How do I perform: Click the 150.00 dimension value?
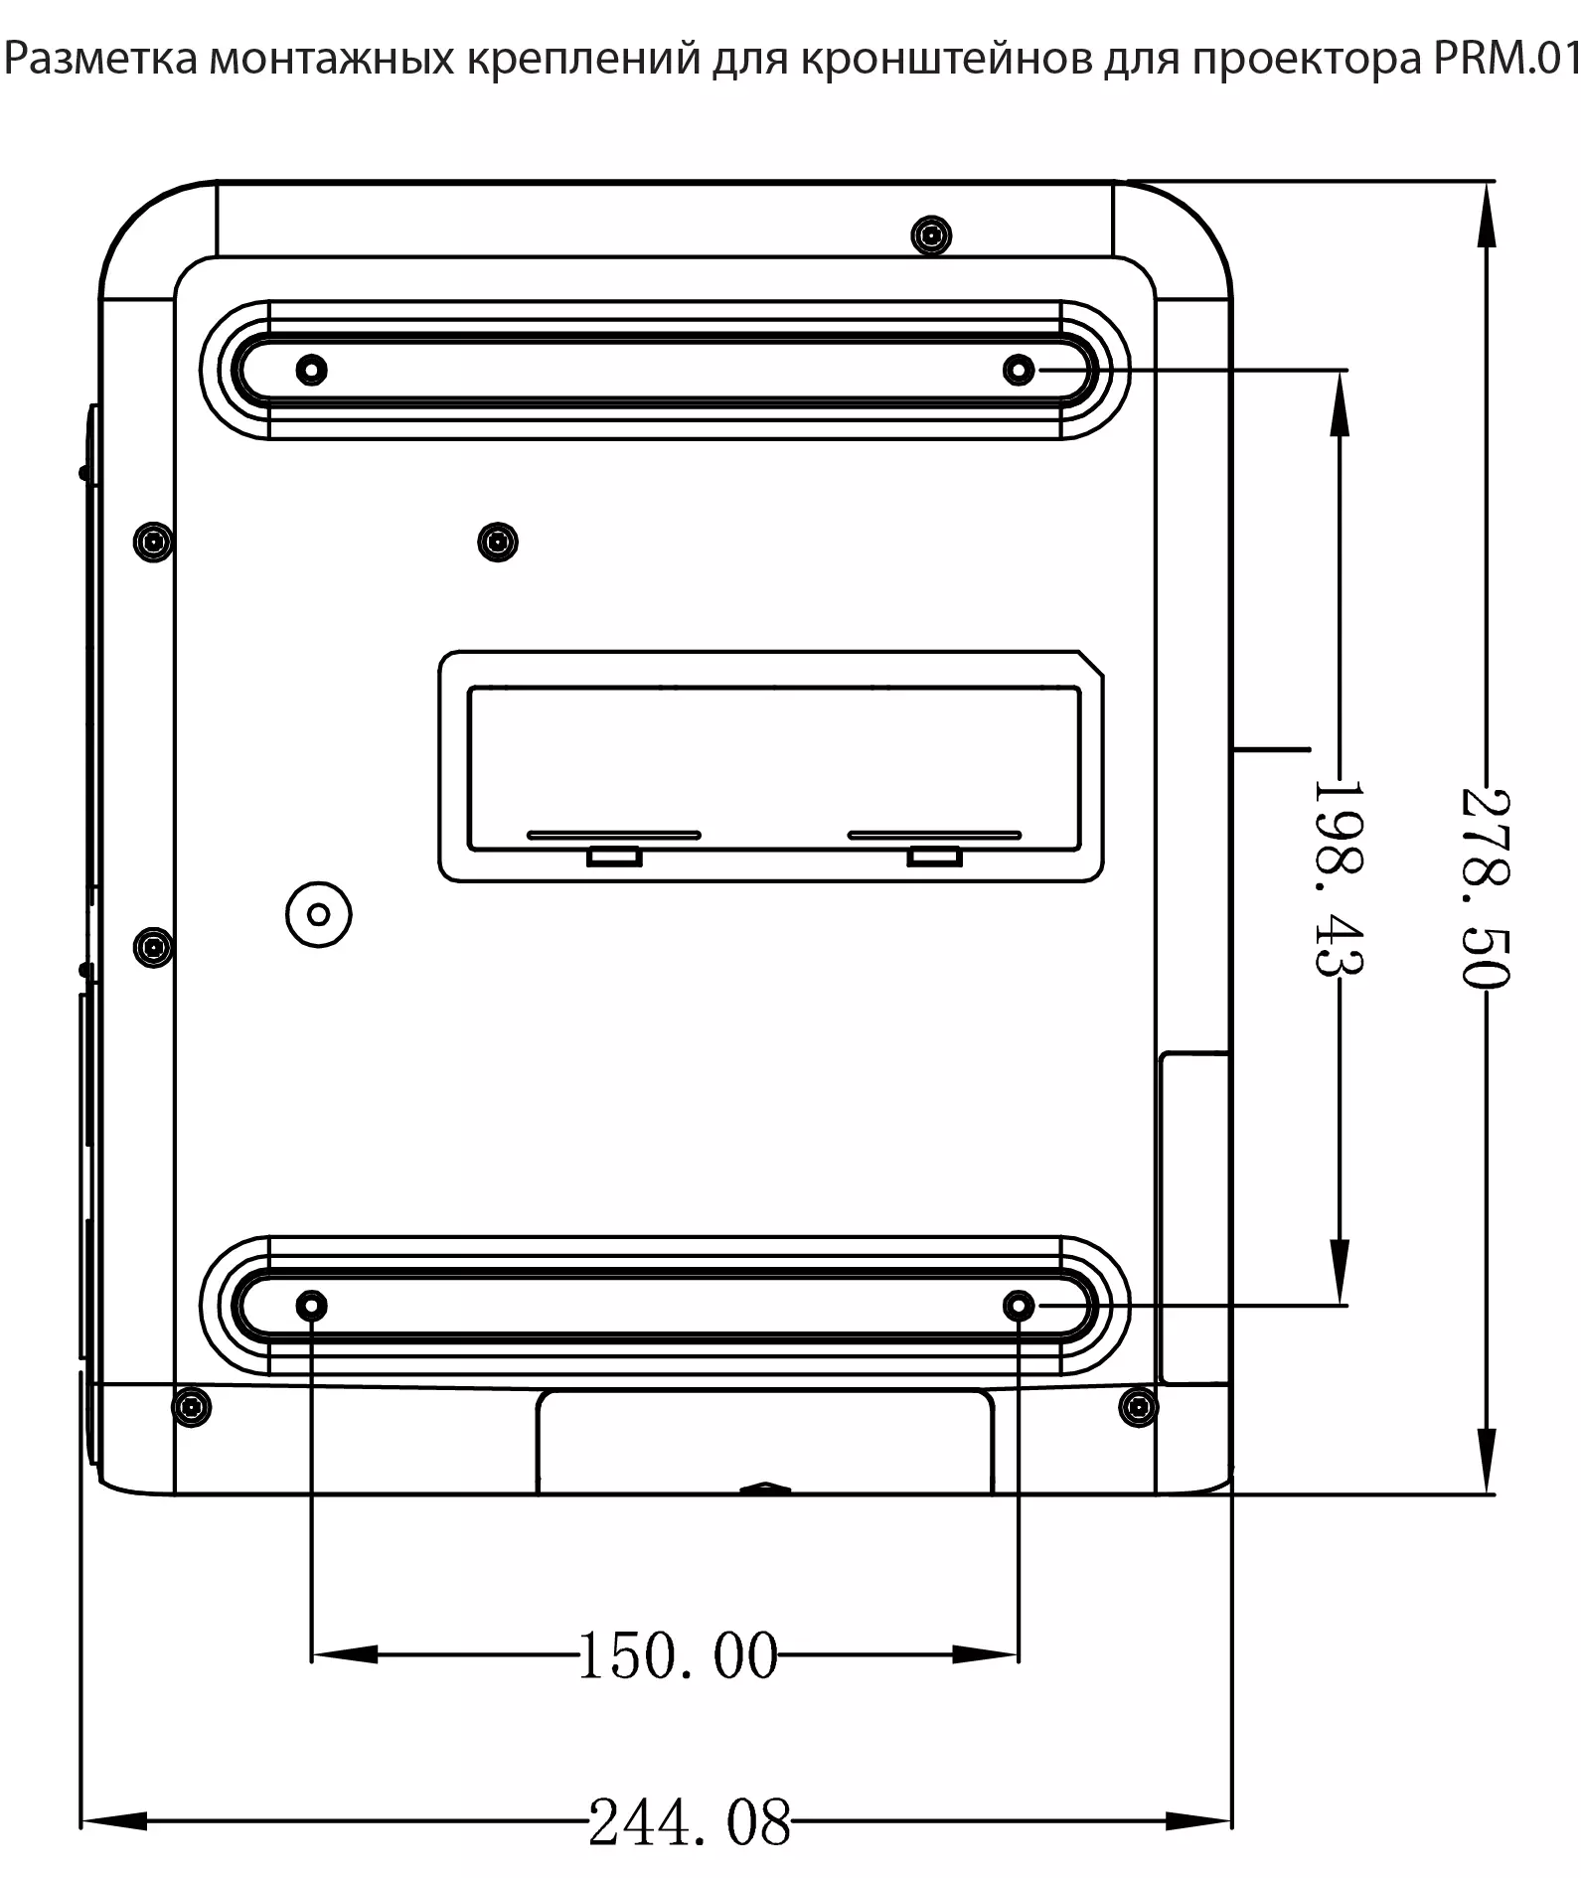point(678,1655)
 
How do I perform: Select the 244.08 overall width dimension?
point(691,1822)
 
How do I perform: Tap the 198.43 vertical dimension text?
point(1339,877)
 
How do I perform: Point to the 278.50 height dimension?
point(1486,888)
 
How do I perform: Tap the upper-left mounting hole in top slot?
point(312,370)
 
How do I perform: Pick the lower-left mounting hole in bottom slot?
point(312,1305)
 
